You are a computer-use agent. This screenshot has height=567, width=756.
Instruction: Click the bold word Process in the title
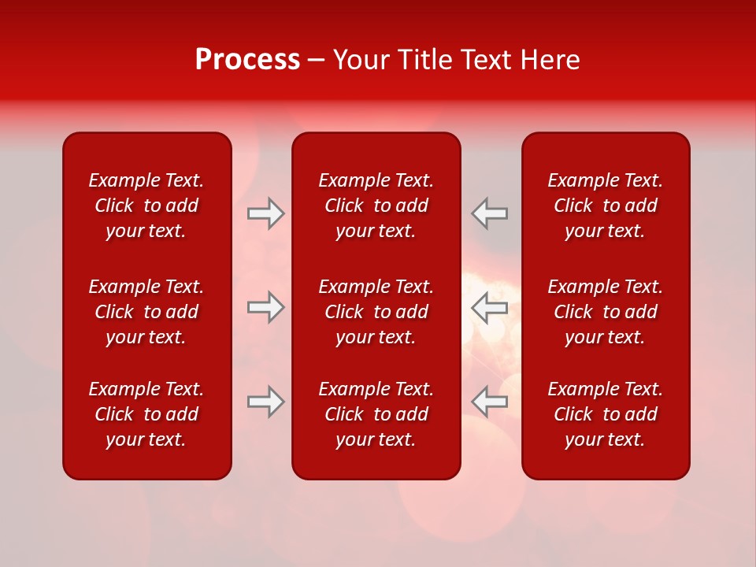247,60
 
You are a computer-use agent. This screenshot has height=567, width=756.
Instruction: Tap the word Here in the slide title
549,60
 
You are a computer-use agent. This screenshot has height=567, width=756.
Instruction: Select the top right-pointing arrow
266,213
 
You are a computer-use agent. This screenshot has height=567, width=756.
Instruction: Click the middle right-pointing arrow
266,307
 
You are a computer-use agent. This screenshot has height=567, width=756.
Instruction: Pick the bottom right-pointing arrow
266,402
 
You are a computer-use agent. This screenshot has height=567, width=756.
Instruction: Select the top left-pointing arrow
489,213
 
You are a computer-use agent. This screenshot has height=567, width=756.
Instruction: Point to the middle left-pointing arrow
489,307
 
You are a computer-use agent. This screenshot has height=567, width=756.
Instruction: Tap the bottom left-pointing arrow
489,402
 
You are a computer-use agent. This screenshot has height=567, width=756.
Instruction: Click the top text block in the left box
146,206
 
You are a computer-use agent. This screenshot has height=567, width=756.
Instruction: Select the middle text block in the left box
146,312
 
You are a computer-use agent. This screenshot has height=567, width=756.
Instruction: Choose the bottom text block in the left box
146,414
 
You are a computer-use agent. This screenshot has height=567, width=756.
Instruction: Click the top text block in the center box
376,206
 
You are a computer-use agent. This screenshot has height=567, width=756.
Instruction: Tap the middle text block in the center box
376,312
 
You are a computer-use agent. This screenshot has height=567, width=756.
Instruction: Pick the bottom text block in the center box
376,414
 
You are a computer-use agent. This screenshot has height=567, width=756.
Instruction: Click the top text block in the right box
605,206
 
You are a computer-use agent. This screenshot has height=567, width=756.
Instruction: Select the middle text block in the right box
605,312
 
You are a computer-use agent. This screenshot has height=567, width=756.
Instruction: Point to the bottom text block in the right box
605,414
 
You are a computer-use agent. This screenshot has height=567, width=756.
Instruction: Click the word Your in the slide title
361,60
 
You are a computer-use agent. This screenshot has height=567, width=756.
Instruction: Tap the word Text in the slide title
487,60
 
